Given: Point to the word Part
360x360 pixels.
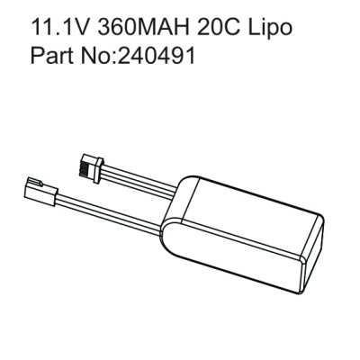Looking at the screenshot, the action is coord(51,55).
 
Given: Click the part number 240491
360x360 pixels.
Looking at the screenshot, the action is coord(157,55).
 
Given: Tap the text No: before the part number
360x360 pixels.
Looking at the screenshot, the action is coord(98,55).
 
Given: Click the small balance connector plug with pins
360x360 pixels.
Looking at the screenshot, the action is coord(93,167).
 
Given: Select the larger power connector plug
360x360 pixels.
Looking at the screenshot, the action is coord(40,191).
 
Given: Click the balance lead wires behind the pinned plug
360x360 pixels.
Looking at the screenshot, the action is coord(141,182).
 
